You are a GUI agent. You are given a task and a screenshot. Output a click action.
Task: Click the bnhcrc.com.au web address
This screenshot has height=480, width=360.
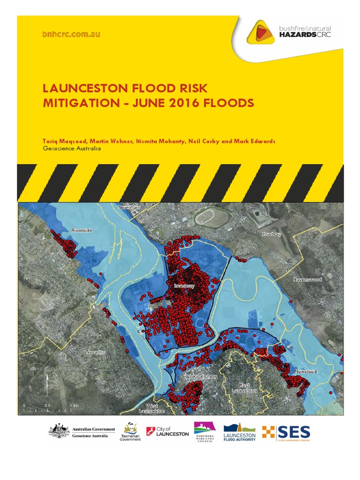[71, 34]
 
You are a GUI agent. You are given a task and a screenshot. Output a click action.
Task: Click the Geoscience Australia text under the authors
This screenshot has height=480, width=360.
[72, 149]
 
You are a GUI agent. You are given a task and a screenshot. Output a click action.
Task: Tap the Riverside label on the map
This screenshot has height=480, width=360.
[82, 230]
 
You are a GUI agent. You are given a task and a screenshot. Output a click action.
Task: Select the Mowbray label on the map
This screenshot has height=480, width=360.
[271, 234]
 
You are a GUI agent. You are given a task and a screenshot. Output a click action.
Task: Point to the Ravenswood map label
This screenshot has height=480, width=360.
[307, 279]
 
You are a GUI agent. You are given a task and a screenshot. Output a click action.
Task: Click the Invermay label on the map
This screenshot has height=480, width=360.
[184, 285]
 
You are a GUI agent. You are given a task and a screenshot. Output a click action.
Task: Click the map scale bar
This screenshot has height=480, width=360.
[49, 409]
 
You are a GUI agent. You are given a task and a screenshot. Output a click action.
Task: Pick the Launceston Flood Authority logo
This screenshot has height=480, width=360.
[240, 432]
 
